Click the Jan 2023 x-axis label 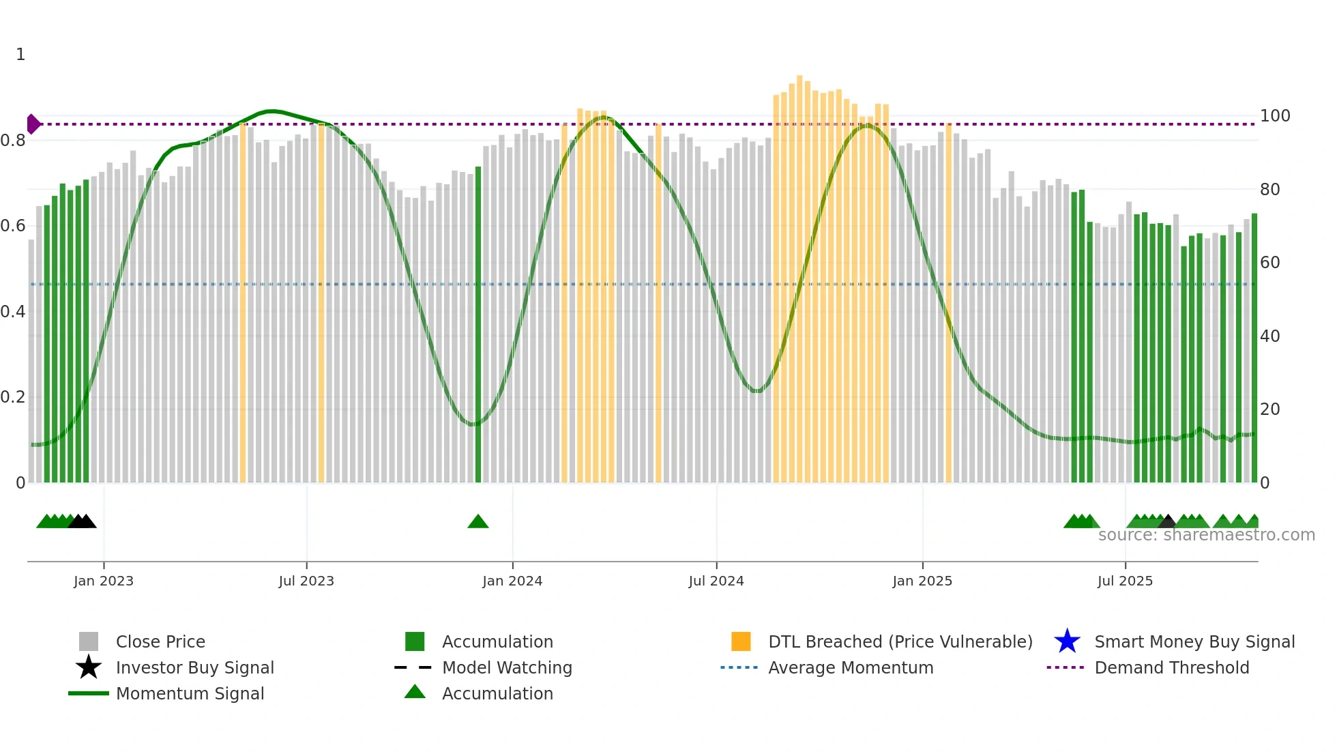pyautogui.click(x=104, y=581)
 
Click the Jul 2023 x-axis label pyautogui.click(x=306, y=581)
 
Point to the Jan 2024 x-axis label pyautogui.click(x=512, y=581)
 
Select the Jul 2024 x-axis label pyautogui.click(x=716, y=581)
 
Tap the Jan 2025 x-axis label pyautogui.click(x=922, y=581)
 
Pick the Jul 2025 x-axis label pyautogui.click(x=1125, y=581)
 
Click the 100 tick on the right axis pyautogui.click(x=1274, y=116)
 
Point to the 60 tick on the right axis pyautogui.click(x=1269, y=263)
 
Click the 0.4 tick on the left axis pyautogui.click(x=13, y=312)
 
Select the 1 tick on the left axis pyautogui.click(x=20, y=55)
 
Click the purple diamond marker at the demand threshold pyautogui.click(x=33, y=124)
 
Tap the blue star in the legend pyautogui.click(x=1067, y=641)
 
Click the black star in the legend pyautogui.click(x=89, y=667)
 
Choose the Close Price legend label pyautogui.click(x=160, y=642)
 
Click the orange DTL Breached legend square pyautogui.click(x=741, y=641)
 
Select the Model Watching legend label pyautogui.click(x=507, y=668)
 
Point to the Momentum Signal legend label pyautogui.click(x=190, y=694)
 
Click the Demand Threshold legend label pyautogui.click(x=1171, y=668)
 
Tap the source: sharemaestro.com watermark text pyautogui.click(x=1206, y=535)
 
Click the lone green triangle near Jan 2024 pyautogui.click(x=478, y=522)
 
